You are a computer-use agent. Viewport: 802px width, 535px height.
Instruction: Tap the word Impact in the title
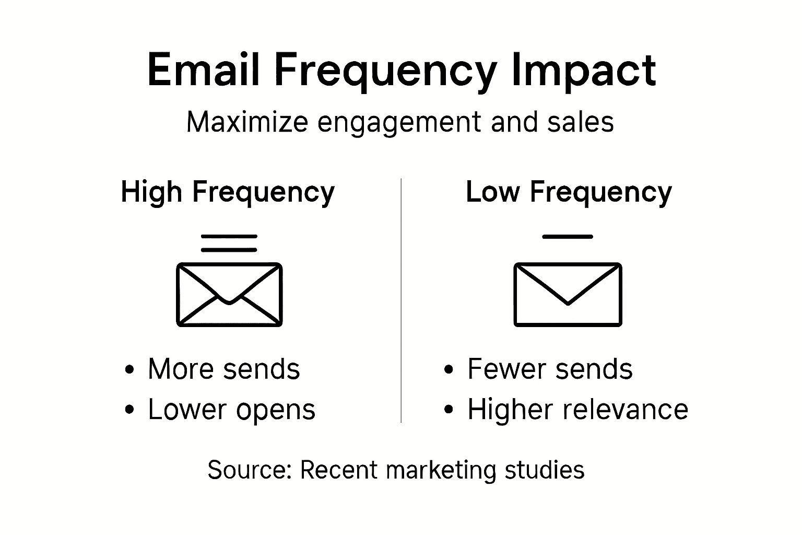point(583,70)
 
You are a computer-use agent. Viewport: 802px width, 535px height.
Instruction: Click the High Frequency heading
point(228,192)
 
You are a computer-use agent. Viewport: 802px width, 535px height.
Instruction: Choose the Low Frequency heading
point(569,192)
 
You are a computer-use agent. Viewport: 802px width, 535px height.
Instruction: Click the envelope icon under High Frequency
point(229,295)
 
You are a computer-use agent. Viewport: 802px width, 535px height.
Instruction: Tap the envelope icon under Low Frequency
point(568,295)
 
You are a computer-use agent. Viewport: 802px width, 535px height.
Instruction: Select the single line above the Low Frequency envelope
point(568,237)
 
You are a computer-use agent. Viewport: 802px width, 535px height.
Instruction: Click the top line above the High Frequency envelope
point(229,237)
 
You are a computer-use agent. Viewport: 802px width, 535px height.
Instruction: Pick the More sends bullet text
point(224,369)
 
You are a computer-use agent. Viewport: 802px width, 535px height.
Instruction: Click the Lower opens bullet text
point(232,409)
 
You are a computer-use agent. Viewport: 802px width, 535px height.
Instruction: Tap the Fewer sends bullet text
point(550,369)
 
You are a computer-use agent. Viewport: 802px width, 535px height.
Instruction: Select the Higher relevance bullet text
point(577,409)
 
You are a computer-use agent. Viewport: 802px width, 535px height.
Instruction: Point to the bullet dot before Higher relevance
point(448,410)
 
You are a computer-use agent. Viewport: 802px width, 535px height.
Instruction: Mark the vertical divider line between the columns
point(401,300)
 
